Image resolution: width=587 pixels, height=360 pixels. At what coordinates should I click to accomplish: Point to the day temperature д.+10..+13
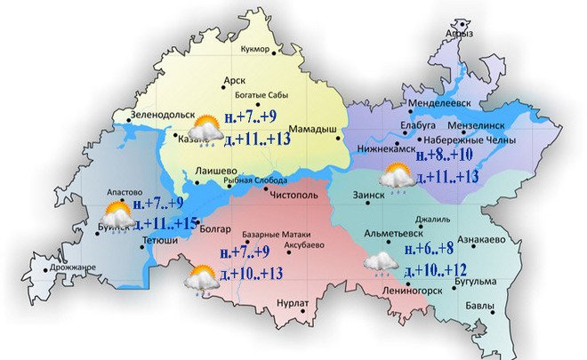pos(248,271)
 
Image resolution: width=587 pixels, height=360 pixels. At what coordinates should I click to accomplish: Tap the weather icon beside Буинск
pos(116,215)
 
